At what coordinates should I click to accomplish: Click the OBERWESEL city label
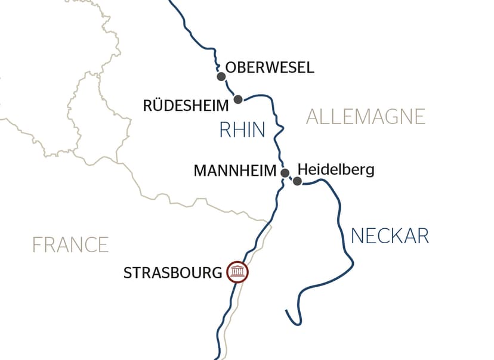click(x=270, y=67)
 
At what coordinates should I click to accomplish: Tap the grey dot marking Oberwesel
click(x=221, y=76)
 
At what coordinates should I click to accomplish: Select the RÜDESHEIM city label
click(x=186, y=106)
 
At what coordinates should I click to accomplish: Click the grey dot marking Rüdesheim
click(x=237, y=99)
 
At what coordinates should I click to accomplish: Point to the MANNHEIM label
click(x=235, y=171)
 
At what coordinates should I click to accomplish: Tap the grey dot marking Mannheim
click(x=285, y=173)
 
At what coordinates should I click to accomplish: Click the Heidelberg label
click(x=335, y=169)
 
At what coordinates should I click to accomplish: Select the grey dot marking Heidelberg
click(x=297, y=181)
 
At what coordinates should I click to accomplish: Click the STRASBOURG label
click(x=173, y=273)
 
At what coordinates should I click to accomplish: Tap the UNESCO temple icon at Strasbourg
click(x=237, y=272)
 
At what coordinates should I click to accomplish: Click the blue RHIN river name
click(x=242, y=130)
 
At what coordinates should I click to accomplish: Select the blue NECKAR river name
click(x=390, y=236)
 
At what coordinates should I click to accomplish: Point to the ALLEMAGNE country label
click(x=365, y=116)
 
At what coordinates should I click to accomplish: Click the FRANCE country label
click(x=70, y=244)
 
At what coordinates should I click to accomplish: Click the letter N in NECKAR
click(x=357, y=236)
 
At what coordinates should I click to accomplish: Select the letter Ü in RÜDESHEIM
click(x=159, y=105)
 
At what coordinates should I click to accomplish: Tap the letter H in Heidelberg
click(x=301, y=169)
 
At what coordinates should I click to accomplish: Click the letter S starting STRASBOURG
click(x=127, y=273)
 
